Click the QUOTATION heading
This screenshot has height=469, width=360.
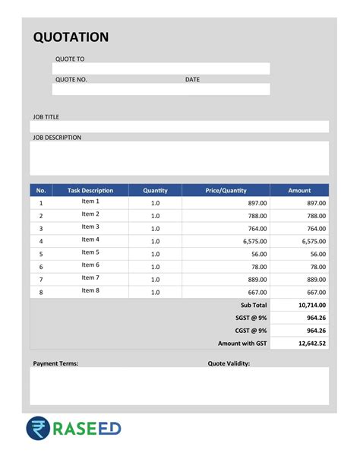71,37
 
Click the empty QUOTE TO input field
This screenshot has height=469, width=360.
160,68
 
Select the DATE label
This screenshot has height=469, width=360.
192,79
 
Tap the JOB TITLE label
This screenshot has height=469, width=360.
46,117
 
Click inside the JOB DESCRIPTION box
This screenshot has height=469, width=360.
179,158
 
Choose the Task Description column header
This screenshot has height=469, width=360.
90,190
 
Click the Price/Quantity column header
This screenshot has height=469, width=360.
226,190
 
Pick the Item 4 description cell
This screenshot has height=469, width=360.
90,239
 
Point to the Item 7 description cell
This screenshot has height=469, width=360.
90,277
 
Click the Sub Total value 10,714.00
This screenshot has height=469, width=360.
312,305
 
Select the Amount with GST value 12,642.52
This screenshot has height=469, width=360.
312,344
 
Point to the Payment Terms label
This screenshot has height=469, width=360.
55,363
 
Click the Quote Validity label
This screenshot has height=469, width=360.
229,363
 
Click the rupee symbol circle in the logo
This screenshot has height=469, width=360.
39,429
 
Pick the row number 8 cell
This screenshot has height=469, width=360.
41,292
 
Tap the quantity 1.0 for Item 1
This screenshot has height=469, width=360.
155,203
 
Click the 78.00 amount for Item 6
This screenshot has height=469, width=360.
317,267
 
